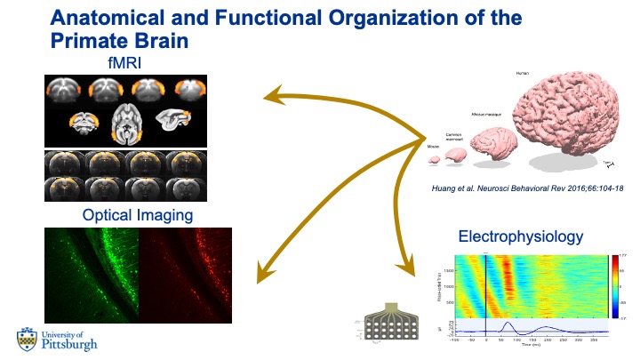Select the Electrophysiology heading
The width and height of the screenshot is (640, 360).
pos(521,236)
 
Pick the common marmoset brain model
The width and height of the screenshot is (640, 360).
pos(455,155)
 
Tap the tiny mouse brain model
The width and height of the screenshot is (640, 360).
pos(435,160)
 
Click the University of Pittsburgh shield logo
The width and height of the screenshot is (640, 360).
pos(27,339)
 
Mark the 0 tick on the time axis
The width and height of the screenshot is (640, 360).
pos(486,340)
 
